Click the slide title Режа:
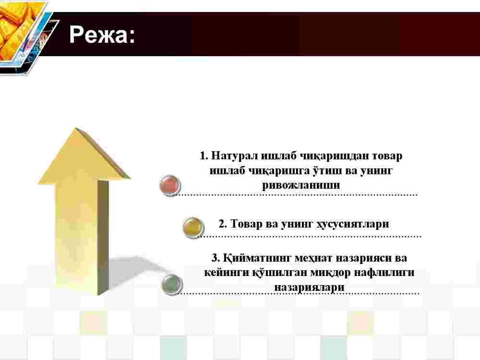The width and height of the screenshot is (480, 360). click(x=102, y=34)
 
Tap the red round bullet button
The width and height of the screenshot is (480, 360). click(x=170, y=185)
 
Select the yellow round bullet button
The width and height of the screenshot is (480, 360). click(x=193, y=227)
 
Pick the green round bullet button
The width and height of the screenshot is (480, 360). click(x=172, y=284)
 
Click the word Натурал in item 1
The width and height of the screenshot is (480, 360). click(x=235, y=156)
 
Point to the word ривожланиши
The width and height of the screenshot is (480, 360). click(x=301, y=185)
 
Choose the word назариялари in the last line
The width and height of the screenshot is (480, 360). click(x=309, y=287)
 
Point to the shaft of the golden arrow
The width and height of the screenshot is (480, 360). click(x=82, y=237)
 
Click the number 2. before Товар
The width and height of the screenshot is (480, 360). click(x=223, y=224)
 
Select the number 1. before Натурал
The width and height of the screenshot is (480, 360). click(x=204, y=156)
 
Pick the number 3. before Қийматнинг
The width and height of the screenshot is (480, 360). click(x=216, y=258)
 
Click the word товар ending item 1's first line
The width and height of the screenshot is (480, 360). click(x=387, y=156)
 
